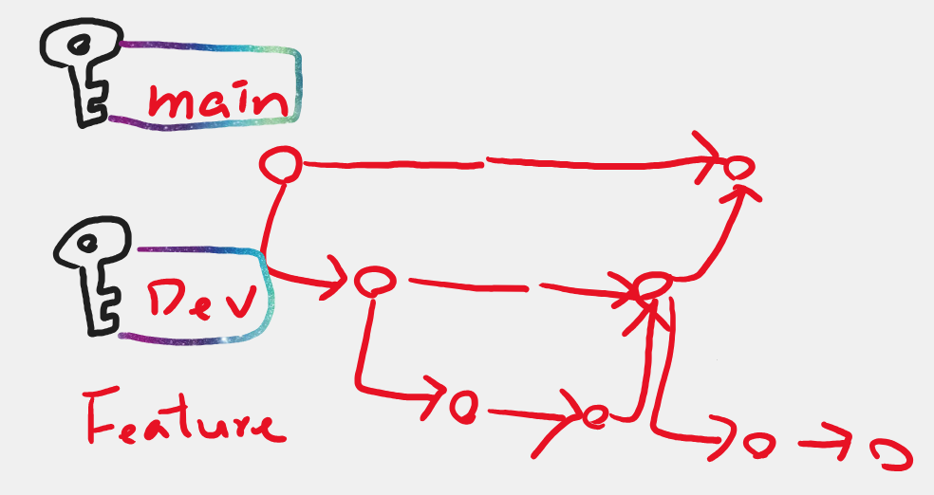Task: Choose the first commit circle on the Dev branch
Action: click(374, 281)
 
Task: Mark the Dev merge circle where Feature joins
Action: click(655, 284)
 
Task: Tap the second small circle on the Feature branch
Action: click(595, 417)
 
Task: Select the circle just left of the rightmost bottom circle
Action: click(756, 444)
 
